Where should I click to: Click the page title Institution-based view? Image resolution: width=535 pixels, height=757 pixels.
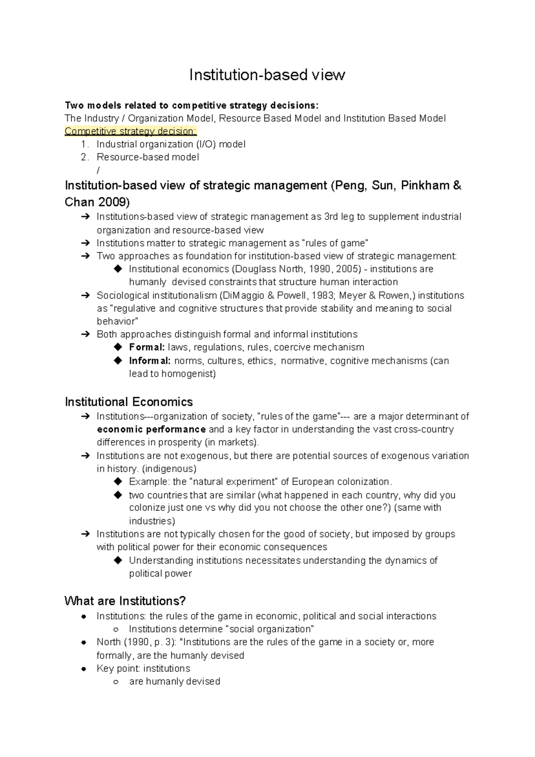click(x=267, y=74)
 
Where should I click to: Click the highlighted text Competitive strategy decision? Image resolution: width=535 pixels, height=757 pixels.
click(x=130, y=131)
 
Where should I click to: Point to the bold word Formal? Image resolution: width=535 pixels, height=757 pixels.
click(x=147, y=347)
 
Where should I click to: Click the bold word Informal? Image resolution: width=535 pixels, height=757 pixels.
click(x=150, y=361)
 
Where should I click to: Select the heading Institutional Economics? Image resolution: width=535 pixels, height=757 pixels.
click(x=128, y=402)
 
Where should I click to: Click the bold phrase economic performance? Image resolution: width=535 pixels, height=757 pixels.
click(x=151, y=430)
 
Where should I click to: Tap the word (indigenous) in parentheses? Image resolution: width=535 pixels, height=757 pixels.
click(x=169, y=469)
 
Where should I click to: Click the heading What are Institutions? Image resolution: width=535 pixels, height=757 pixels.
click(x=125, y=601)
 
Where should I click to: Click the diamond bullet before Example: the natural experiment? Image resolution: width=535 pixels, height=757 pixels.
click(x=118, y=482)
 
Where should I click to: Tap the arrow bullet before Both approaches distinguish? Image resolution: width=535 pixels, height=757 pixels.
click(x=85, y=335)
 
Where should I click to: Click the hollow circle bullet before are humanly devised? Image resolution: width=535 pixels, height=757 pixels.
click(x=116, y=682)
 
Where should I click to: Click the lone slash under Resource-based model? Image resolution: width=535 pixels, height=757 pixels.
click(x=98, y=170)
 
